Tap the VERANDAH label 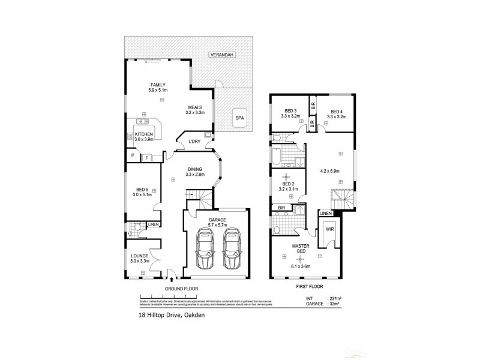[x=221, y=55]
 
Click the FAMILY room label [x=158, y=85]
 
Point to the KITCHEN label [x=144, y=134]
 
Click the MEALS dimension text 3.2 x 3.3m [x=196, y=112]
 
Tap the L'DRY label [x=194, y=142]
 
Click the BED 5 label [x=142, y=189]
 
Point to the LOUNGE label [x=139, y=256]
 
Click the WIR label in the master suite [x=329, y=230]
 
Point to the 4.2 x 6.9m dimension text [x=331, y=171]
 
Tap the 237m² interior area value [x=335, y=298]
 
